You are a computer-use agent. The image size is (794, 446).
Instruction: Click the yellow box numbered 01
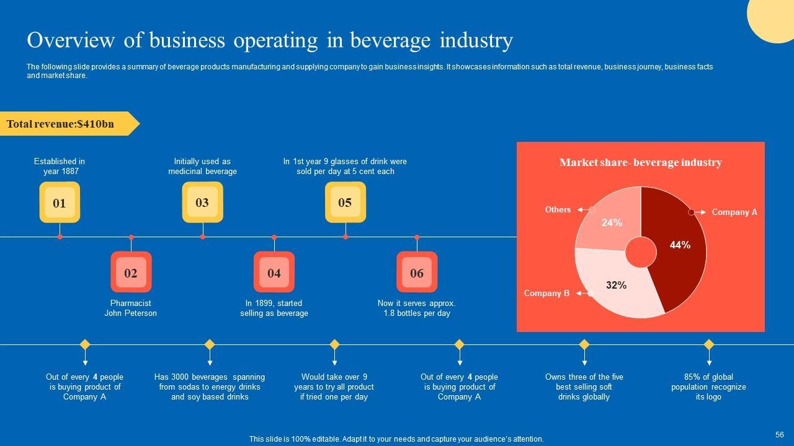click(x=60, y=203)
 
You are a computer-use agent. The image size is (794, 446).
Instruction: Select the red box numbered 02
click(x=131, y=273)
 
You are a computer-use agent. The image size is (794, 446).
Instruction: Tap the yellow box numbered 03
click(x=202, y=203)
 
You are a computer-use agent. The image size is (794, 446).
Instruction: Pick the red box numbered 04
click(x=274, y=273)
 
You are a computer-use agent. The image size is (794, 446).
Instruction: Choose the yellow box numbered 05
click(x=346, y=203)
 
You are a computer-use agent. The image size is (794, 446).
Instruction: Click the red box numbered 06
click(x=417, y=273)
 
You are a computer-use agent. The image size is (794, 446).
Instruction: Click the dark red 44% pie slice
click(x=679, y=248)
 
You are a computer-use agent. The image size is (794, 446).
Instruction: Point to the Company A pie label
click(x=734, y=212)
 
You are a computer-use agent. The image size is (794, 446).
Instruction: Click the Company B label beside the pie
click(x=546, y=293)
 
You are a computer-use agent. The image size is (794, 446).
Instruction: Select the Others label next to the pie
click(x=558, y=209)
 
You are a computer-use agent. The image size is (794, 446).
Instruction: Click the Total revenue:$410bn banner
click(x=61, y=124)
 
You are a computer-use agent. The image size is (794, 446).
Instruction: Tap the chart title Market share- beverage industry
click(x=640, y=162)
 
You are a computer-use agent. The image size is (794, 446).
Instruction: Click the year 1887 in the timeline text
click(x=69, y=172)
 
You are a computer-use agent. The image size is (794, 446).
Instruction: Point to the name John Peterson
click(x=130, y=313)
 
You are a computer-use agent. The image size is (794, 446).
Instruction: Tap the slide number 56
click(x=780, y=435)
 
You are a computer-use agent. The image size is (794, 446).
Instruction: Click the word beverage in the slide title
click(x=390, y=40)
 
